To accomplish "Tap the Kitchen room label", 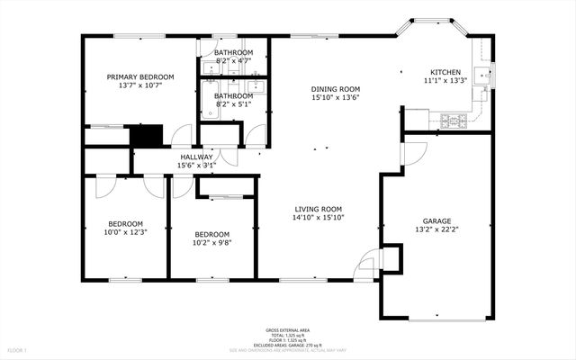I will tap(445, 72).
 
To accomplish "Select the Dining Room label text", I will tap(336, 88).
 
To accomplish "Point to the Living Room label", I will tap(319, 209).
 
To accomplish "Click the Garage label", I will tap(436, 220).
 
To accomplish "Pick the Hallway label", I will tap(196, 157).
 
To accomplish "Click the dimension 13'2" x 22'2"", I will tap(436, 229).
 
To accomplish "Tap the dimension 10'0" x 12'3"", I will tap(126, 232).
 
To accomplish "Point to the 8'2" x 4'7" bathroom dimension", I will tap(233, 61).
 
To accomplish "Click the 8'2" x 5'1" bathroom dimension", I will tap(233, 103).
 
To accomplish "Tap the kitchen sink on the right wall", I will tap(486, 76).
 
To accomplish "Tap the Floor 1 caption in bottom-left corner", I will tap(18, 349).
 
